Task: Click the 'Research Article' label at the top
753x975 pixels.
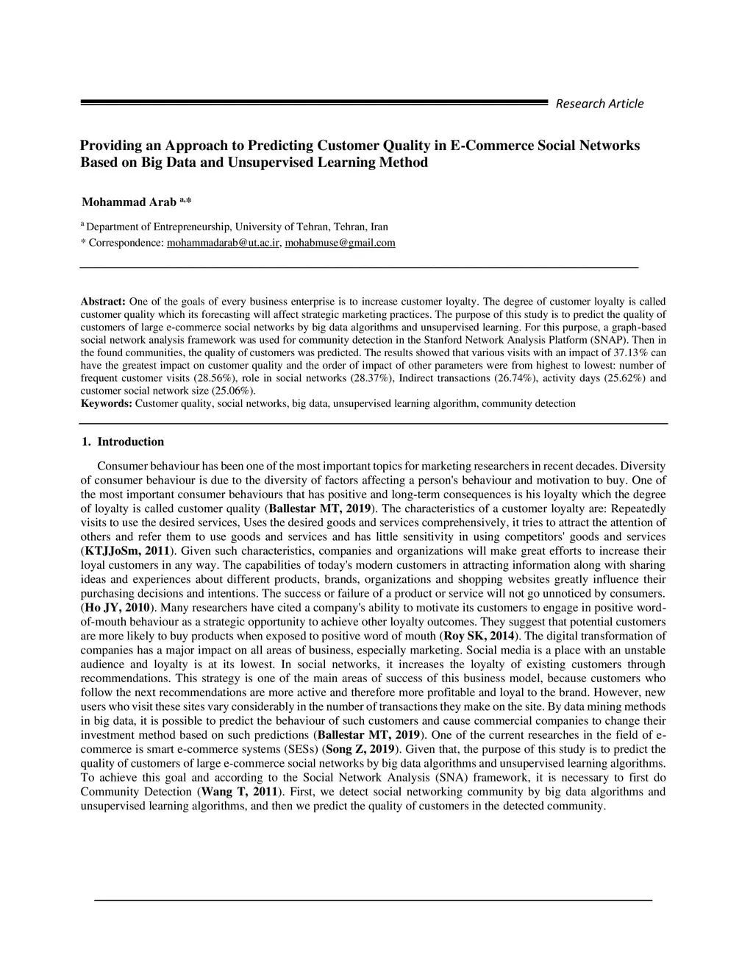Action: [x=599, y=104]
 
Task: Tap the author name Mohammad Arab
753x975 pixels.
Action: [x=129, y=202]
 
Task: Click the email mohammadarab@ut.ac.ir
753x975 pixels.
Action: [x=224, y=243]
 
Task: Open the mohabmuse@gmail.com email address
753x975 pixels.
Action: [x=340, y=243]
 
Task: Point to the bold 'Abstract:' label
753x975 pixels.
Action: [x=103, y=302]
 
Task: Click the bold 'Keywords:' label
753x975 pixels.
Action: [x=106, y=404]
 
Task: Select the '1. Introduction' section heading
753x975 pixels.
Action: [x=123, y=442]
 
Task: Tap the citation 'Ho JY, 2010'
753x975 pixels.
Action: [x=117, y=608]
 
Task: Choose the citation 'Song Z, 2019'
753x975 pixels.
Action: [x=361, y=749]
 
